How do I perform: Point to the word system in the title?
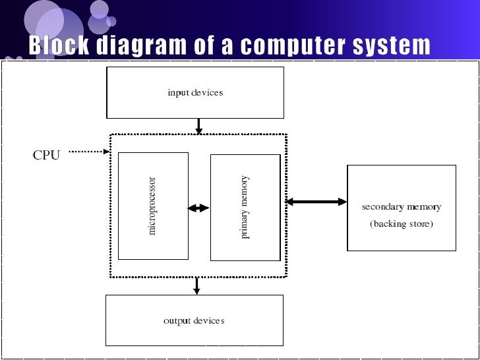pyautogui.click(x=393, y=46)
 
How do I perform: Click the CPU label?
pyautogui.click(x=46, y=156)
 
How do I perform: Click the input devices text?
pyautogui.click(x=195, y=92)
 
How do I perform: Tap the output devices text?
pyautogui.click(x=194, y=321)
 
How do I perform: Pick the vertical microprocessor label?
pyautogui.click(x=152, y=206)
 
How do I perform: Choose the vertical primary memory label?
pyautogui.click(x=245, y=206)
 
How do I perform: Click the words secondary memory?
pyautogui.click(x=401, y=207)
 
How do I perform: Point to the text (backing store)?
pyautogui.click(x=401, y=224)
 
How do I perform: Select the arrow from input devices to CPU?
pyautogui.click(x=198, y=125)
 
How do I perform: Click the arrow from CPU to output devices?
pyautogui.click(x=196, y=285)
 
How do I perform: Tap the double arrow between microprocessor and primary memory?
pyautogui.click(x=198, y=208)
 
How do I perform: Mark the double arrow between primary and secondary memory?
pyautogui.click(x=316, y=202)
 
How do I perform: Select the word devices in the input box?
pyautogui.click(x=208, y=92)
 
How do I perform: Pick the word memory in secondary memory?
pyautogui.click(x=423, y=207)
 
